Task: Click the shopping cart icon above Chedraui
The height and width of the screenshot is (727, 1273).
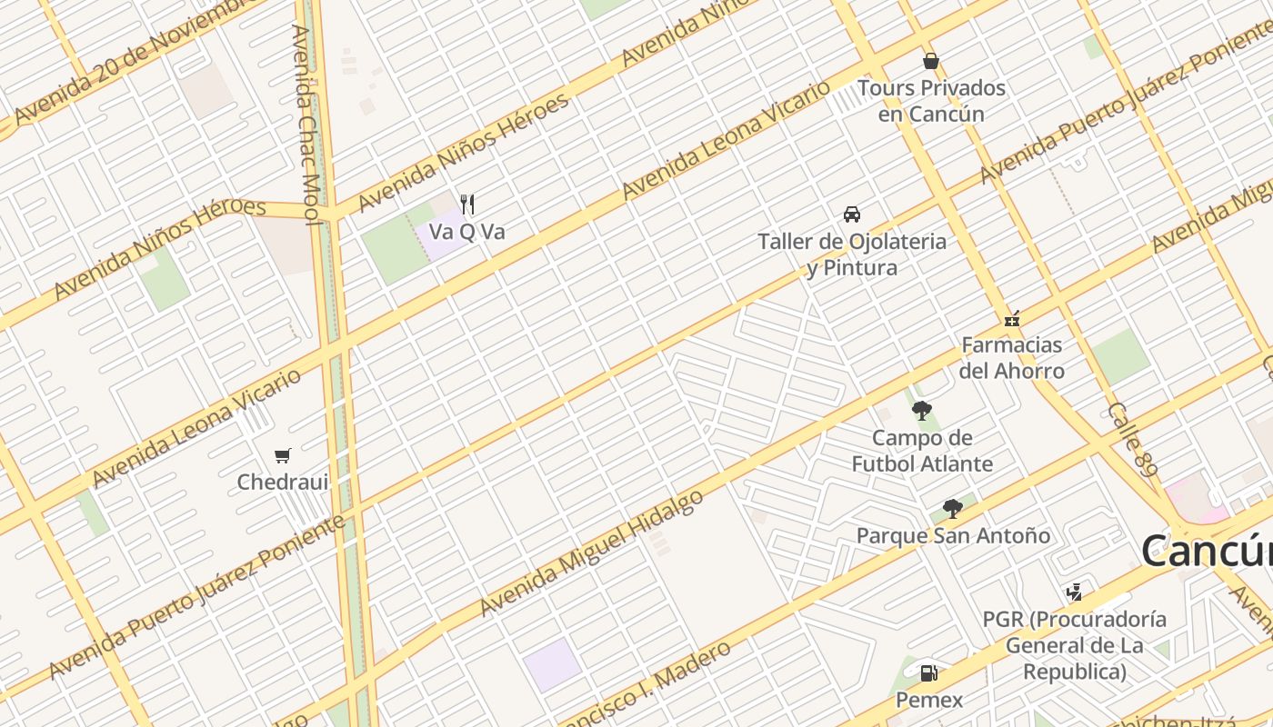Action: (x=282, y=455)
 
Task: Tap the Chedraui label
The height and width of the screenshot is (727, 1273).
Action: (x=282, y=482)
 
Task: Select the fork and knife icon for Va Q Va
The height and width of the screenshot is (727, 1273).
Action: (x=467, y=204)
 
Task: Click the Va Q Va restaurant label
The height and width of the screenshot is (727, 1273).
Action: (x=466, y=232)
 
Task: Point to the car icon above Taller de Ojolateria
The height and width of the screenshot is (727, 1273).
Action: (x=852, y=214)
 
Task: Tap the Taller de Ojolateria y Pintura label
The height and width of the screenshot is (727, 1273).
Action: (x=852, y=254)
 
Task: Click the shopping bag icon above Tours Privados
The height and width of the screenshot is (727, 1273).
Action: (x=930, y=61)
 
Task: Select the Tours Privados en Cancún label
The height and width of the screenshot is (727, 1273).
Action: (x=931, y=101)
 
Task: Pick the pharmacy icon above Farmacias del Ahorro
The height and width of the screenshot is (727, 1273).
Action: (x=1011, y=319)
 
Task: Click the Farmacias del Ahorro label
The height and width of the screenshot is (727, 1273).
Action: (x=1011, y=358)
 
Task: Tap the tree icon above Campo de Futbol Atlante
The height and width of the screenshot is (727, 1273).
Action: (x=922, y=411)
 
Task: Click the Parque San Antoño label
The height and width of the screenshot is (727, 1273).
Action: (x=953, y=536)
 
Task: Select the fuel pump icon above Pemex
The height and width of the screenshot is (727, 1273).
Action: (x=928, y=673)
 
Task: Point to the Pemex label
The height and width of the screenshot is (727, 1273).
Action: (x=928, y=700)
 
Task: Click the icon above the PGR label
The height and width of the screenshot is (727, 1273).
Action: (x=1074, y=593)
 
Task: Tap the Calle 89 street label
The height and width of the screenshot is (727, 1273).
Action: (x=1133, y=440)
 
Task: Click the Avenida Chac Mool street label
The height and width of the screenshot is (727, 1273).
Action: (x=304, y=124)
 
